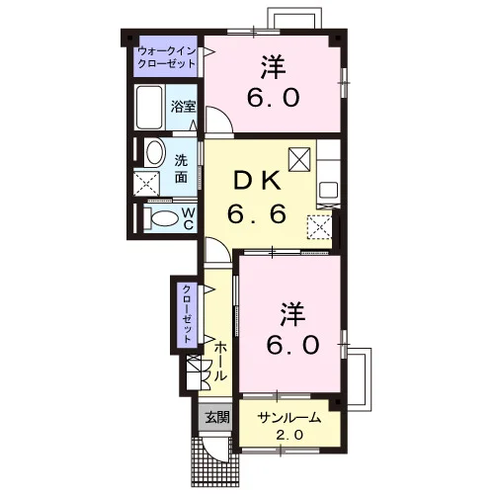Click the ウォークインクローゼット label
click(167, 57)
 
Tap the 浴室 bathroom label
click(183, 107)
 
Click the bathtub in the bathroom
click(149, 108)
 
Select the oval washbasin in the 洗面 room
click(155, 152)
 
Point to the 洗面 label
click(181, 169)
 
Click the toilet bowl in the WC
click(164, 218)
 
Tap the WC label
click(188, 219)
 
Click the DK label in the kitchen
click(258, 182)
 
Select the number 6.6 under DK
click(257, 213)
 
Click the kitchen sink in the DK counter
click(329, 192)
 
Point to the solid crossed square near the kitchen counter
click(299, 159)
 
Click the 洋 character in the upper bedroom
click(274, 67)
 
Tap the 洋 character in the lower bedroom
click(292, 314)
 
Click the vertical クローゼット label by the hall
click(187, 314)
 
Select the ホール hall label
click(220, 362)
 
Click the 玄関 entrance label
click(217, 418)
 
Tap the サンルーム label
click(289, 418)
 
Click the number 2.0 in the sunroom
click(289, 436)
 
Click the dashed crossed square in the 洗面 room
click(146, 183)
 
